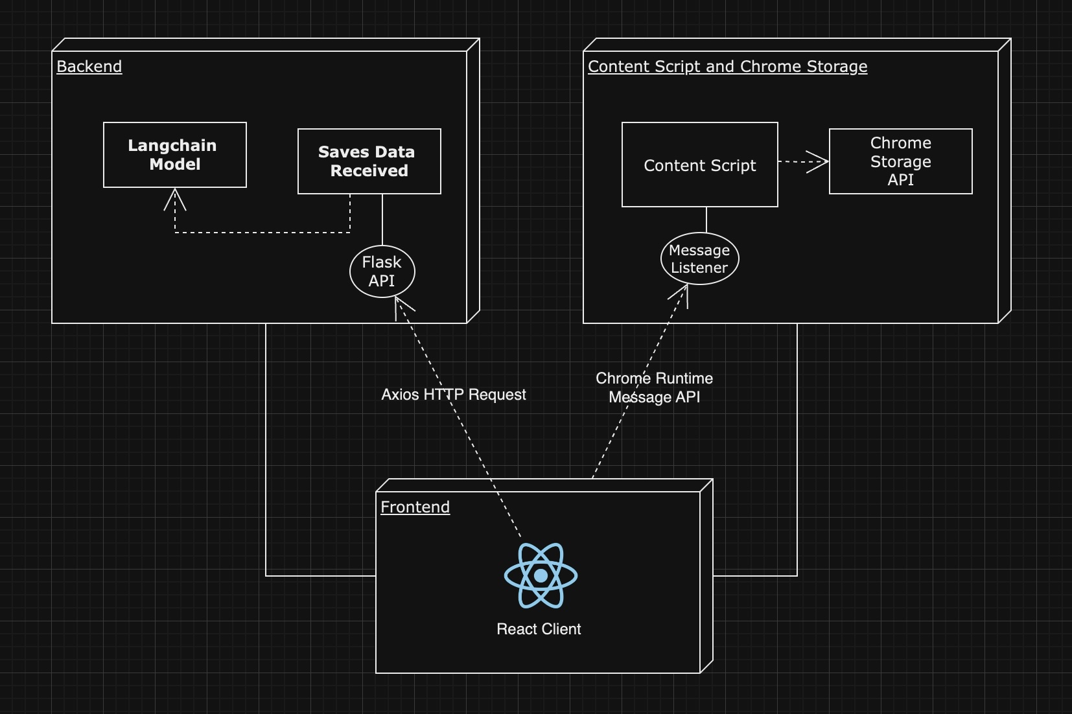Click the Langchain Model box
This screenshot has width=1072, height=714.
click(x=175, y=155)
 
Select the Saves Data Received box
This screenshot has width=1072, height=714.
click(x=369, y=161)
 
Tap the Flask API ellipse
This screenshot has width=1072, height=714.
click(x=382, y=271)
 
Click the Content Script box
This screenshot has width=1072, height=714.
click(x=700, y=165)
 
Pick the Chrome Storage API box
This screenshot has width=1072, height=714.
click(x=901, y=161)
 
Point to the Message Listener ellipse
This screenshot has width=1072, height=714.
click(x=700, y=259)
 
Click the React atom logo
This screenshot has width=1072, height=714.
click(x=541, y=575)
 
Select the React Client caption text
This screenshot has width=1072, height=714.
click(x=539, y=629)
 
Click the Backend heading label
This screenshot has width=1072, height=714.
click(x=89, y=67)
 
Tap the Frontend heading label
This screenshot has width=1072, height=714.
click(x=415, y=507)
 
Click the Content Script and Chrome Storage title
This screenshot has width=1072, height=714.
click(x=727, y=67)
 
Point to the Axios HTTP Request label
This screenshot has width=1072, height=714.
click(x=454, y=395)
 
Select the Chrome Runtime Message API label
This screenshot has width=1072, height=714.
click(x=654, y=387)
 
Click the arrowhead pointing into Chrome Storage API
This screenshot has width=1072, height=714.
click(x=821, y=161)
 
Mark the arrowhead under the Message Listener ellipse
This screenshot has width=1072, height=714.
click(x=681, y=293)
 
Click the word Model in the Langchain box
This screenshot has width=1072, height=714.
click(x=175, y=165)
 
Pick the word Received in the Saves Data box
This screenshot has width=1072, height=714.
click(x=369, y=171)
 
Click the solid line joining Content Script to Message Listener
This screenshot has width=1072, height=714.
click(x=706, y=220)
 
